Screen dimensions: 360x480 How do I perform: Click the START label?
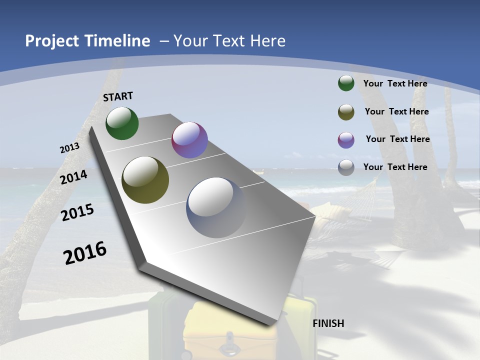118,96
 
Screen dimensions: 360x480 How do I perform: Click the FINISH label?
328,323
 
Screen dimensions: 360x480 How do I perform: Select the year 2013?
69,148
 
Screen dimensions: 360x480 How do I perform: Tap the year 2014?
74,177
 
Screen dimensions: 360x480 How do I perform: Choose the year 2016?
85,253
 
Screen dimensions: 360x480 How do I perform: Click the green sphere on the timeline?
122,123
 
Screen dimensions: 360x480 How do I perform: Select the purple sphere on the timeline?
189,140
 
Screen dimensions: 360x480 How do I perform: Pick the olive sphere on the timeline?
145,180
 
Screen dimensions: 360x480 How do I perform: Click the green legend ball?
346,83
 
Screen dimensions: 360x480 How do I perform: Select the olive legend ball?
346,112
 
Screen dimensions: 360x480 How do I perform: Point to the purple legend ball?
346,140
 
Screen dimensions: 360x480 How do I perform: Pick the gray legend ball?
346,167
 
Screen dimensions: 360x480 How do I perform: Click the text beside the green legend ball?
395,83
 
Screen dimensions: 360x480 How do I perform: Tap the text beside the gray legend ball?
395,167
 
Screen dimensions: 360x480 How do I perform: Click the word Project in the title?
52,41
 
